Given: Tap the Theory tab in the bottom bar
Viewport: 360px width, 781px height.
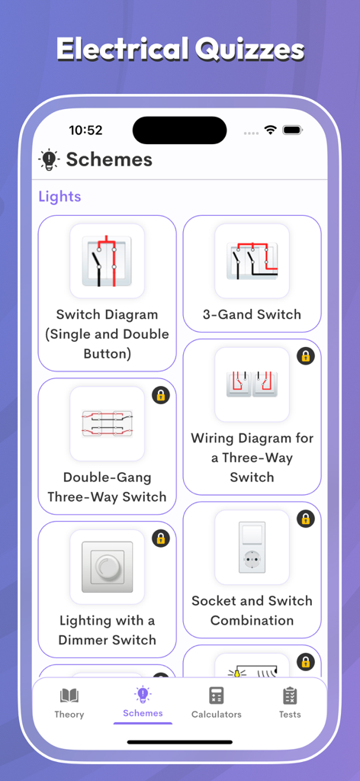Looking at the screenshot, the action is [x=69, y=703].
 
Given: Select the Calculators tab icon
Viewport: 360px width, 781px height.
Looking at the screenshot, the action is [x=216, y=696].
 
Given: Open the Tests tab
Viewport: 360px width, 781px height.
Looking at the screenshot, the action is [x=289, y=703].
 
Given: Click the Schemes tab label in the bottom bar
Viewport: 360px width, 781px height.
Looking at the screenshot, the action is [x=143, y=713].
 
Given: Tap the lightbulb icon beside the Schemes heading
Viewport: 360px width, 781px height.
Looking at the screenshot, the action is [x=49, y=160].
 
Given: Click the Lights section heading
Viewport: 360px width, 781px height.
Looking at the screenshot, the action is [x=59, y=196].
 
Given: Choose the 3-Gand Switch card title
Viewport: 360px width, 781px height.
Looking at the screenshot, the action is [x=252, y=314].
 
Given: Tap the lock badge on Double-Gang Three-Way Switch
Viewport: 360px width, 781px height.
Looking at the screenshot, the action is [x=161, y=396].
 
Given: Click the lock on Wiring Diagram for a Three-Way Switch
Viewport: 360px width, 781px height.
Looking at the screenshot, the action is [x=306, y=356].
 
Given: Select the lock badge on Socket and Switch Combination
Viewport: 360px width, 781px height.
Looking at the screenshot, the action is [x=306, y=519].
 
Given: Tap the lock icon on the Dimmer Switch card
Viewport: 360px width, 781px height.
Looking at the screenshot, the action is [x=161, y=538].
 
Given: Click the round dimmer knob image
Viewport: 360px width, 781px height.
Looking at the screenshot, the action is [x=107, y=567].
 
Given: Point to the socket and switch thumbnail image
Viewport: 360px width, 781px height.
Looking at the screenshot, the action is [x=252, y=547].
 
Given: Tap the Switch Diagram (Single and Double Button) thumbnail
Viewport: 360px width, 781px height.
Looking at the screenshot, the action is [x=107, y=261].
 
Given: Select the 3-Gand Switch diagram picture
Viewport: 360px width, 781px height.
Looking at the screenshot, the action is [x=252, y=261].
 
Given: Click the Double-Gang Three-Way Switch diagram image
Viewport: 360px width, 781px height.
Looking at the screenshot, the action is [x=107, y=423].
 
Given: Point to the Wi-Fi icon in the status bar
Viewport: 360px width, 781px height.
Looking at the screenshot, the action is [x=270, y=130].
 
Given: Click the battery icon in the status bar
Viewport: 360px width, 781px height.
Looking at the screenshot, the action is [x=293, y=130].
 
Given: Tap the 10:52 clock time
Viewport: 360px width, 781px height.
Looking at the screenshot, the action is [x=85, y=130].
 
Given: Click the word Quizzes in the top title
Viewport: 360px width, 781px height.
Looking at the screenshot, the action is [x=249, y=50].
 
